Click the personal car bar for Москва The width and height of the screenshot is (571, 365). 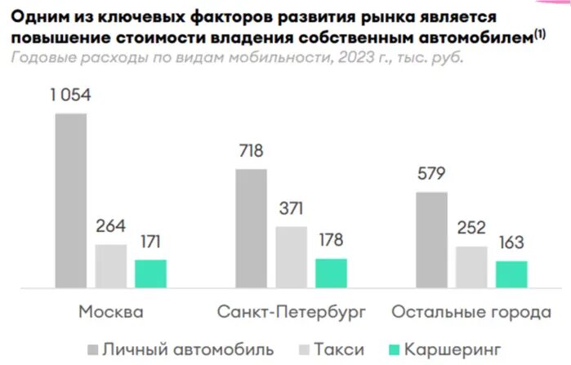tap(70, 200)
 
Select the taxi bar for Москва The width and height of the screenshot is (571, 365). tap(111, 266)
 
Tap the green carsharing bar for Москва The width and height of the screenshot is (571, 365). tap(150, 274)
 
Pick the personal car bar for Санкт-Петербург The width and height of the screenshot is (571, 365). tap(251, 228)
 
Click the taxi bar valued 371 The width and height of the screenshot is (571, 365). tap(292, 257)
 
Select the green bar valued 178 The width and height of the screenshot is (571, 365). tap(331, 273)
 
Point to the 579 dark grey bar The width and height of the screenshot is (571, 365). tap(432, 239)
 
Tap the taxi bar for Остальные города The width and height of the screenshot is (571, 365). tap(472, 267)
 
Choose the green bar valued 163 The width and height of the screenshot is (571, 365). tap(511, 274)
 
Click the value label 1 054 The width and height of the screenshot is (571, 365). tap(69, 96)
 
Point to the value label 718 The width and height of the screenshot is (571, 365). tap(251, 153)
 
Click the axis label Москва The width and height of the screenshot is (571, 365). tap(111, 313)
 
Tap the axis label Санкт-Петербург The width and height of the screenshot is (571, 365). tap(292, 313)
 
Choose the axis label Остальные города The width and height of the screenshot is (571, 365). tap(471, 313)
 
